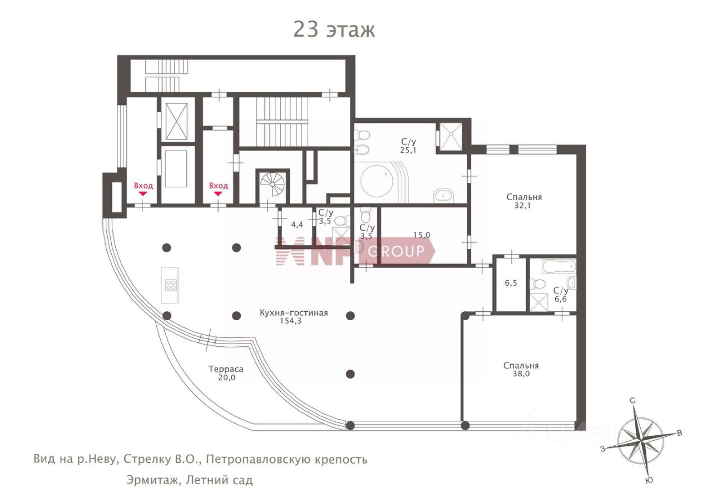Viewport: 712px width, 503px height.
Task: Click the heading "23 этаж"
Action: pyautogui.click(x=334, y=29)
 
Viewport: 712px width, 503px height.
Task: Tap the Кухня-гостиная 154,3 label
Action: pyautogui.click(x=294, y=317)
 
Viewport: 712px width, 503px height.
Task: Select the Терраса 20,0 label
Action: pyautogui.click(x=226, y=373)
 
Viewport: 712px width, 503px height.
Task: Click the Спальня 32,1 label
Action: pyautogui.click(x=524, y=201)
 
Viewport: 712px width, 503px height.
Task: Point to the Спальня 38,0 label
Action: pyautogui.click(x=521, y=370)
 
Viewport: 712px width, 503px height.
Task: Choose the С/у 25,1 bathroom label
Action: pyautogui.click(x=408, y=146)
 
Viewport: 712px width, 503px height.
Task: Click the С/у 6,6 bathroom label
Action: pyautogui.click(x=561, y=295)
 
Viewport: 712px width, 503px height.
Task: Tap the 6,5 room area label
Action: pyautogui.click(x=511, y=283)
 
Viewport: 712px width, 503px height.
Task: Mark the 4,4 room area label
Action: pyautogui.click(x=297, y=225)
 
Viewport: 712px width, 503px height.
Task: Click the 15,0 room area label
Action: pyautogui.click(x=422, y=235)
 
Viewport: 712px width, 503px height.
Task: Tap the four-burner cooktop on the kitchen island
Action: pyautogui.click(x=171, y=285)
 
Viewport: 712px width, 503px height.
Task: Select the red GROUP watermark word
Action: pyautogui.click(x=396, y=251)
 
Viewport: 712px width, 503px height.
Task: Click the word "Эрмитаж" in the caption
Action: pyautogui.click(x=153, y=480)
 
